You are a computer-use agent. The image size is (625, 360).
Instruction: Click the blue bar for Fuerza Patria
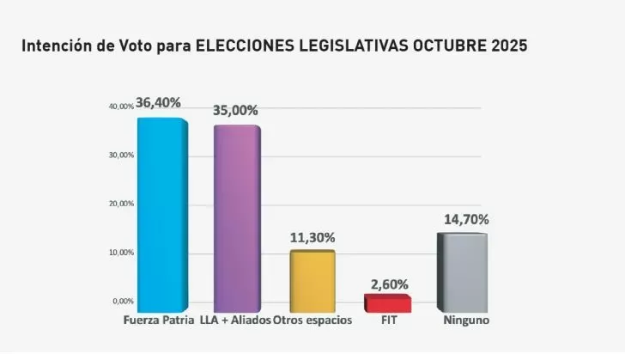(161, 215)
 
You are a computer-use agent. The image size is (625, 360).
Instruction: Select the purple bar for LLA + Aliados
(236, 219)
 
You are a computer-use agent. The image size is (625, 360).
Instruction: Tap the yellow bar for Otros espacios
(312, 281)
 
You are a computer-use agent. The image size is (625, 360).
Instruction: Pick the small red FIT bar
(387, 303)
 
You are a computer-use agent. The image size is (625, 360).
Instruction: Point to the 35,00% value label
(235, 110)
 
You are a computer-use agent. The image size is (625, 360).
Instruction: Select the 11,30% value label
(312, 237)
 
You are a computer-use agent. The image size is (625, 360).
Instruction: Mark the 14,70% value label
(464, 219)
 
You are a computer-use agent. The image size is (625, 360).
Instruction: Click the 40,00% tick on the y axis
(121, 107)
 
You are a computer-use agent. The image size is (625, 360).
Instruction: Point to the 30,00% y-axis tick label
(121, 156)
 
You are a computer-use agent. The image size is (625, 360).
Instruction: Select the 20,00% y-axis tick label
(121, 204)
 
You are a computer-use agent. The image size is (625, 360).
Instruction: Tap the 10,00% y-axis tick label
(121, 253)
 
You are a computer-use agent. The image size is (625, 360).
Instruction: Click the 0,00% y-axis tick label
(123, 302)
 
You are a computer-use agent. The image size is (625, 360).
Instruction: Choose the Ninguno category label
(465, 321)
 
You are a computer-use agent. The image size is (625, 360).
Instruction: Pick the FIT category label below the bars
(387, 321)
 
